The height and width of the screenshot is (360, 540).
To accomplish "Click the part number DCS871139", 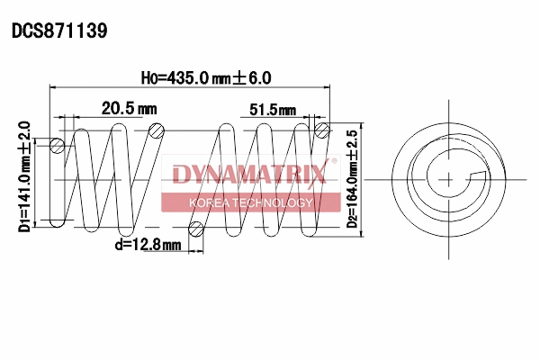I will (x=59, y=31).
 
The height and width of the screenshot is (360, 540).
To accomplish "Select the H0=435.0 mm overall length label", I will (x=206, y=78).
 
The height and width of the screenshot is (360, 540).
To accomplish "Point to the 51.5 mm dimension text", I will (x=273, y=110).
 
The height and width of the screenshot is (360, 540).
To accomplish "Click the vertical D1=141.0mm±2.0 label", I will (x=24, y=176).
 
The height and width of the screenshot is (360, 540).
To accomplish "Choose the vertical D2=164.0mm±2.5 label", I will (x=352, y=179).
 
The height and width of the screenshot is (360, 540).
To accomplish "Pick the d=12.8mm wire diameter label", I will (x=148, y=244).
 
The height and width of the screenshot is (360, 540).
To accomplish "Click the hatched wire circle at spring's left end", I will (x=58, y=146).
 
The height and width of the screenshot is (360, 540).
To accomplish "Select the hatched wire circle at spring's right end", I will (x=323, y=132).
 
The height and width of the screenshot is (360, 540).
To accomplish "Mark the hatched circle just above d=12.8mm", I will (x=197, y=227).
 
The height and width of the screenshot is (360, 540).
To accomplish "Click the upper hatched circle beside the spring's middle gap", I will (x=157, y=131).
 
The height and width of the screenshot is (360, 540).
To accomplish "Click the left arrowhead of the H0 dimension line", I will (x=53, y=88).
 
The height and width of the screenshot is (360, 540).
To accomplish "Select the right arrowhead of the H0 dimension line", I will (x=326, y=88).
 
